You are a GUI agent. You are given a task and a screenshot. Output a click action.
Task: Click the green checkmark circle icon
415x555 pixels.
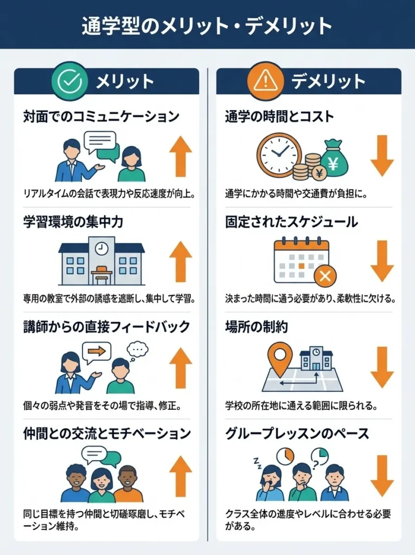tap(69, 81)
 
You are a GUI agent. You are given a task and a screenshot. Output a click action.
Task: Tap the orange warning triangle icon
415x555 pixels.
tap(265, 81)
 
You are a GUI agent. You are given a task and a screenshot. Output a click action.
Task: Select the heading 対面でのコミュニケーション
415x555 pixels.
tap(101, 116)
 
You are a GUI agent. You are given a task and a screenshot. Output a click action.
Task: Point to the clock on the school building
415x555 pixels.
tap(101, 248)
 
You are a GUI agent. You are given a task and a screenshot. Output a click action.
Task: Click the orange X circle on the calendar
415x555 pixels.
tap(325, 276)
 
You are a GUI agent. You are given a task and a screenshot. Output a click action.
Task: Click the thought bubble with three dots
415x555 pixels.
tap(137, 348)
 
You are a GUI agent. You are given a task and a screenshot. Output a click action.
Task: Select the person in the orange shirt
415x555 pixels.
tap(128, 484)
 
